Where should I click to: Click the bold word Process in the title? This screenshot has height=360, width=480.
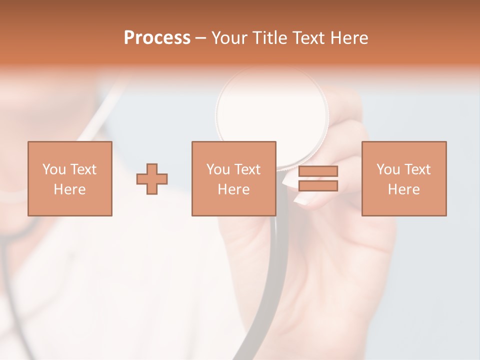click(x=157, y=38)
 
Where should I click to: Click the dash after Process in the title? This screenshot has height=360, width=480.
click(x=200, y=38)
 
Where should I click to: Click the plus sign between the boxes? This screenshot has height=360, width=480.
click(x=152, y=179)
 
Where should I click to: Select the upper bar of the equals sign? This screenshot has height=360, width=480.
click(x=318, y=171)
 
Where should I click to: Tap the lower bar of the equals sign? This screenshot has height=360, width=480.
click(x=318, y=186)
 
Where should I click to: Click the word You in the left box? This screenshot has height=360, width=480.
click(x=54, y=169)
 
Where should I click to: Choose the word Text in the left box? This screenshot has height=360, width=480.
click(x=82, y=169)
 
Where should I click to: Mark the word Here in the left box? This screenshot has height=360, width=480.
click(x=69, y=189)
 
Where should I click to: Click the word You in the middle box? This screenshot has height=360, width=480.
click(x=218, y=169)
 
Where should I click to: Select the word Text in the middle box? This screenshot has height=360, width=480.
click(x=247, y=169)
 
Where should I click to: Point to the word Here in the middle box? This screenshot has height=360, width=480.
click(x=233, y=189)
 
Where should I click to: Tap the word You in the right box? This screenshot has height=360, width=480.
click(x=388, y=169)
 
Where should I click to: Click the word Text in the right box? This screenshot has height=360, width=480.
click(x=417, y=169)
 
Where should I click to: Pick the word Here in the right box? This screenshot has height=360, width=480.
click(x=403, y=189)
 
